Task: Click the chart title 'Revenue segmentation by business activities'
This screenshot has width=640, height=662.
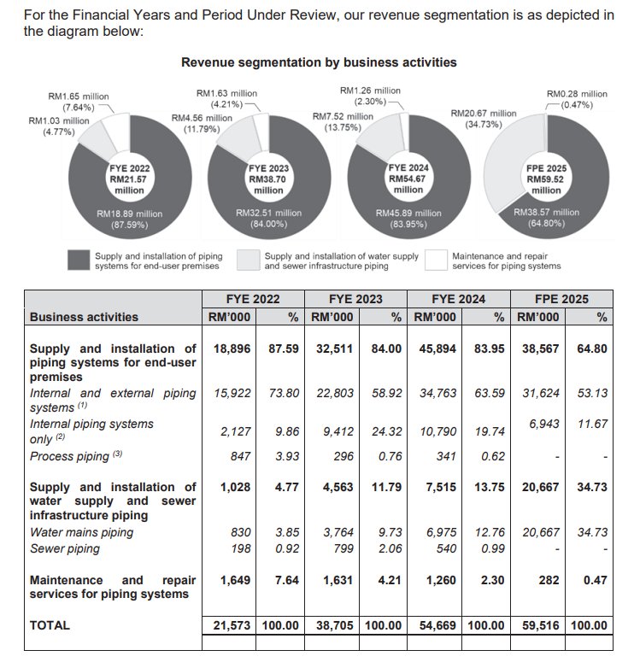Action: (x=319, y=62)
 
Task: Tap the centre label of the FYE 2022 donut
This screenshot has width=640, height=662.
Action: (x=128, y=179)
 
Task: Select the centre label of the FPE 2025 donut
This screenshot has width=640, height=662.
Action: (x=546, y=179)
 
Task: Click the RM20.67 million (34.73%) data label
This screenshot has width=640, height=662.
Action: (x=484, y=119)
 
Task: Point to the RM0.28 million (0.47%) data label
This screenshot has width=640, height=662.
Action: (x=577, y=99)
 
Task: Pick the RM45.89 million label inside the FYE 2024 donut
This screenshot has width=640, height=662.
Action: (x=408, y=218)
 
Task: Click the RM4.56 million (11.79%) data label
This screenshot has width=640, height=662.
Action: (x=202, y=124)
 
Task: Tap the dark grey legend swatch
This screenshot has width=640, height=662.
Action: (x=79, y=260)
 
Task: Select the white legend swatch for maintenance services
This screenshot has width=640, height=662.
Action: (x=436, y=260)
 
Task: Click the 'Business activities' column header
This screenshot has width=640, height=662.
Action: (x=84, y=317)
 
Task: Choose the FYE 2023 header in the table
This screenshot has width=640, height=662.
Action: (x=355, y=299)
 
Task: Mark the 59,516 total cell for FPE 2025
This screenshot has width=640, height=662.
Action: (x=540, y=625)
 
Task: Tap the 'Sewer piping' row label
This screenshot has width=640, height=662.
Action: (x=65, y=548)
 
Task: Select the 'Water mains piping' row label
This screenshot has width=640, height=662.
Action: (x=82, y=532)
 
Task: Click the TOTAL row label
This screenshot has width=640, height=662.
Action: (x=50, y=625)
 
